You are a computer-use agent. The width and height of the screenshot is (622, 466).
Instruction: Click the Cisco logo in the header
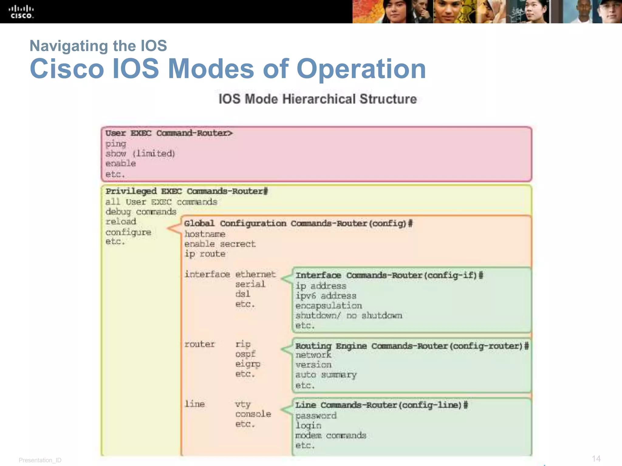[21, 12]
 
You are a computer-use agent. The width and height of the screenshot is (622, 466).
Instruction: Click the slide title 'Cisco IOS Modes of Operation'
[227, 69]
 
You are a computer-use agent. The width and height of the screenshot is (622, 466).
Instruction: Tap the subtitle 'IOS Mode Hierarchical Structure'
[317, 99]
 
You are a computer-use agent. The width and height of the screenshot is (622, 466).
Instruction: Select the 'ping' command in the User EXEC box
[116, 144]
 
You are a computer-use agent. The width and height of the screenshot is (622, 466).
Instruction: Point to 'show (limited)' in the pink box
[140, 154]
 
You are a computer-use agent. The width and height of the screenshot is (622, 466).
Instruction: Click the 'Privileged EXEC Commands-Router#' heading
[186, 191]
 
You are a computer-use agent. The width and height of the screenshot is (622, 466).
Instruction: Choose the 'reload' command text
[121, 222]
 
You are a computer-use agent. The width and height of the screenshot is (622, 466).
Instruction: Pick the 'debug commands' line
[141, 212]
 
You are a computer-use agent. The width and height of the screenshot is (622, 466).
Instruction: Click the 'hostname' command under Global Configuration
[205, 234]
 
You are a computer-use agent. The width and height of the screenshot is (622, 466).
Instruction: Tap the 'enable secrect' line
[220, 244]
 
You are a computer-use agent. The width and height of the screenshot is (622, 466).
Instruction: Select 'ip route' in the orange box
[205, 254]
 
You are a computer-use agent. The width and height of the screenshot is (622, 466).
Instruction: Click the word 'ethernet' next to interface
[255, 274]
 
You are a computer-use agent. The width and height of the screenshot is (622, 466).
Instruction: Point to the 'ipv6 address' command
[326, 296]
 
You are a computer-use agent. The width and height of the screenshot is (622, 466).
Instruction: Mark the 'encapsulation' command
[328, 306]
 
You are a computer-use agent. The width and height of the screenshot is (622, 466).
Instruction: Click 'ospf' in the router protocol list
[245, 354]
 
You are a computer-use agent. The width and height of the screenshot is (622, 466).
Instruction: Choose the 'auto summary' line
[326, 375]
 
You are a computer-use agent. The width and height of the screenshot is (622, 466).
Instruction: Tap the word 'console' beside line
[253, 414]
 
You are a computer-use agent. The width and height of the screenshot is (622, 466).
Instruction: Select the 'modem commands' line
[330, 436]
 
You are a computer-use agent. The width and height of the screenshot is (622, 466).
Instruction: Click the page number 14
[596, 458]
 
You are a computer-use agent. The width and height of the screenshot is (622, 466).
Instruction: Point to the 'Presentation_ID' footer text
[40, 460]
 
